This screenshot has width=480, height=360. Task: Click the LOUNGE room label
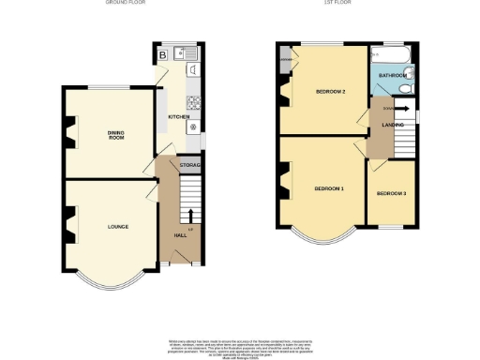pos(117,227)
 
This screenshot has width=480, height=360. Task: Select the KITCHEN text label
pos(178,117)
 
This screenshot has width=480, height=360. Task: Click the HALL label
pos(179,235)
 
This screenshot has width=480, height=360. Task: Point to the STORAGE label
pos(191,166)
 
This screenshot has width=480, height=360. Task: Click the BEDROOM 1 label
pos(329,188)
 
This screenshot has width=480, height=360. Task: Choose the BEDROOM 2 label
pos(331,92)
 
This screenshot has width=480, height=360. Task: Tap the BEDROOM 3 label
pos(391,193)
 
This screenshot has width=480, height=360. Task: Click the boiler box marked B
pos(163,53)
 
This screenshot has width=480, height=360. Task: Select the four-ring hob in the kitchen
pos(195,103)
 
